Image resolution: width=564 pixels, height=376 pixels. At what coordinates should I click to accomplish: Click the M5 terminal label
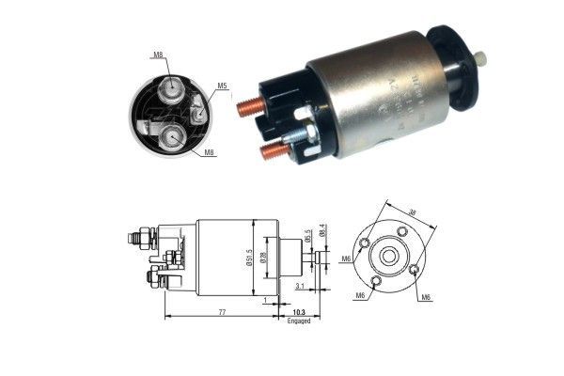click(x=223, y=86)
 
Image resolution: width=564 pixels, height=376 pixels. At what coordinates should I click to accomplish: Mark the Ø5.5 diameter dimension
click(x=307, y=235)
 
